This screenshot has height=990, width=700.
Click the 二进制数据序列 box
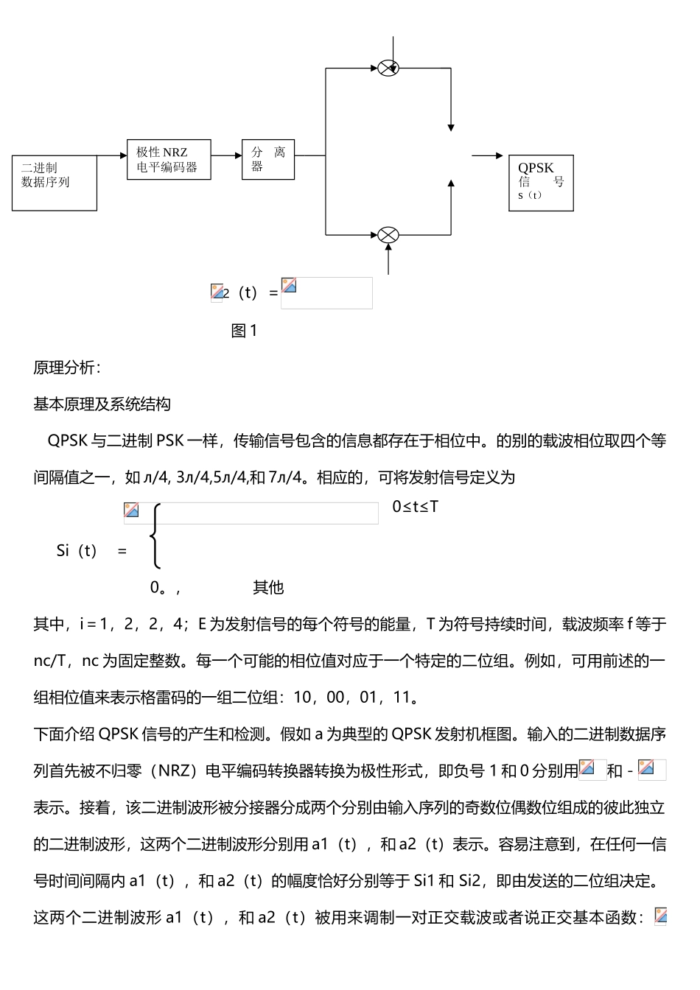point(55,183)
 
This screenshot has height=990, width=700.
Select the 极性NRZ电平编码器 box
point(168,160)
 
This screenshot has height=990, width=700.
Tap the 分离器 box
point(268,160)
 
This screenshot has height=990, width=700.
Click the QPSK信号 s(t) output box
point(541,183)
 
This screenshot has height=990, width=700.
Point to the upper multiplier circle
point(388,69)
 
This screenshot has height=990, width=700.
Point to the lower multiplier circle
point(388,235)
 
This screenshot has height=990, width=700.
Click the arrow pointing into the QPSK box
point(488,156)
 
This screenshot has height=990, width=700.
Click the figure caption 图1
point(244,331)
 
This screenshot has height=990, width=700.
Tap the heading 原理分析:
point(68,368)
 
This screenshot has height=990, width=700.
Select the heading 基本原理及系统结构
point(102,404)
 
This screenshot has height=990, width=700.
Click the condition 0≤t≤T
point(416,507)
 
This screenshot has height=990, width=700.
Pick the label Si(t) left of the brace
point(77,551)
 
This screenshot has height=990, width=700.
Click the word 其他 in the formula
point(268,587)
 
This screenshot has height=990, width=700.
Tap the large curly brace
point(155,536)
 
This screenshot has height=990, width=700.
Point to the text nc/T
point(50,661)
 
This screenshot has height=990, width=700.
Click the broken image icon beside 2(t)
point(217,292)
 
